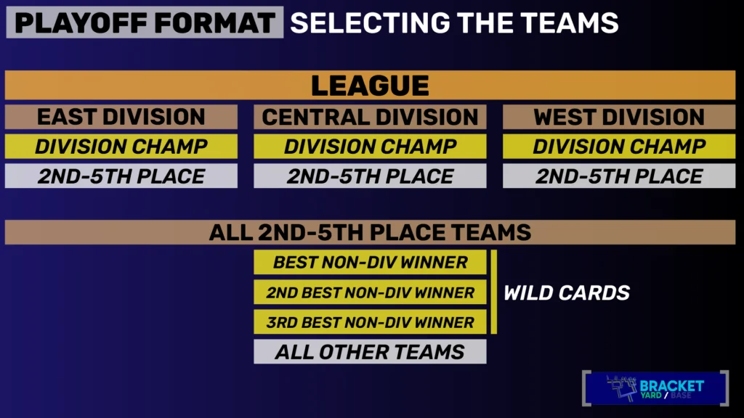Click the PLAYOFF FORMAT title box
145,22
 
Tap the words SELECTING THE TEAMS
454,22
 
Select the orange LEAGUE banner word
370,86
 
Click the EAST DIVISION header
121,117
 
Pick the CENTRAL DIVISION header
370,117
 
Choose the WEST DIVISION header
619,117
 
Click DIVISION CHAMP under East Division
121,147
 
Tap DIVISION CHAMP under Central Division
370,147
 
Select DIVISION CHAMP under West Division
619,147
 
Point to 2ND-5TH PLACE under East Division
121,176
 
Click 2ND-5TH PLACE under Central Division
370,176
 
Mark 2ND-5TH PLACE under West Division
619,176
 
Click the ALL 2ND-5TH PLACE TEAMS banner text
370,232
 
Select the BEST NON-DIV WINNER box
370,262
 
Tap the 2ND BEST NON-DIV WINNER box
370,292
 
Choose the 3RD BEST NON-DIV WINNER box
370,321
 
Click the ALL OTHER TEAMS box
370,352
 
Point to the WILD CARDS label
567,293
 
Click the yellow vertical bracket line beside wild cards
494,292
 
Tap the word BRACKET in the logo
671,386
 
